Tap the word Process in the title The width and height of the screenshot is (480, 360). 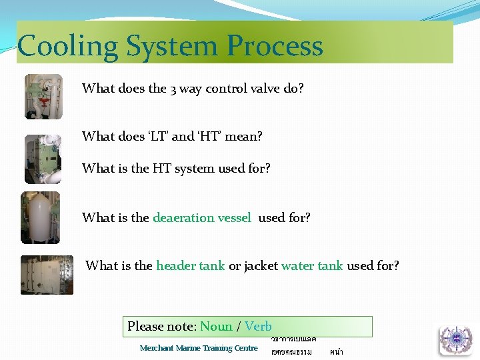click(x=274, y=47)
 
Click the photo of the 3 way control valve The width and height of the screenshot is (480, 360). click(x=43, y=97)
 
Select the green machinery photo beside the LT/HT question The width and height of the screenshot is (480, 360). click(x=43, y=159)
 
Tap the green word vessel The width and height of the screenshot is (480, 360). click(x=234, y=217)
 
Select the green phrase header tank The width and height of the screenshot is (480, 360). click(x=190, y=266)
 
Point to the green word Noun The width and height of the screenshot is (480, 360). click(x=216, y=327)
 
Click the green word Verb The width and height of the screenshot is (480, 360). click(x=258, y=327)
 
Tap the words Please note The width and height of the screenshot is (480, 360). click(x=161, y=327)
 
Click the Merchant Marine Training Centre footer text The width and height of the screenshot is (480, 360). click(x=199, y=348)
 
